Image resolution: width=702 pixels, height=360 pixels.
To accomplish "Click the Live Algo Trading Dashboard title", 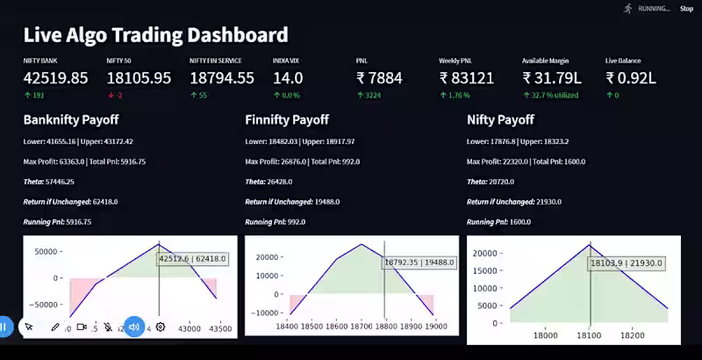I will pos(155,35).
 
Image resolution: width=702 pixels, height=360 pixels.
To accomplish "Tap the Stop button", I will pos(686,9).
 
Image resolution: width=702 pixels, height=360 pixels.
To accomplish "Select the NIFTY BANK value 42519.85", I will pos(55,78).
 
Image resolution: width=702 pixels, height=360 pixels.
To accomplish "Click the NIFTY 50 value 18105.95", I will pos(139,78).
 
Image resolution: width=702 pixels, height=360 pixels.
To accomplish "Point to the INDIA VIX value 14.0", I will pos(288,78).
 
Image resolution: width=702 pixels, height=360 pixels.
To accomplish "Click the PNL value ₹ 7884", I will pos(379,78).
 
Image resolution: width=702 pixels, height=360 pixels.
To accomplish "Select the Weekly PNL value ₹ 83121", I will pos(467,78).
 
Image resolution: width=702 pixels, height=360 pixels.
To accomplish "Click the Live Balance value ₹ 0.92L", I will pos(630,78).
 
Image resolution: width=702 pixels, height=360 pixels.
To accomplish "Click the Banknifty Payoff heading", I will pos(71,119).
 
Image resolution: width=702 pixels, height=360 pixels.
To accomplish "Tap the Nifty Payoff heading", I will pos(500,119).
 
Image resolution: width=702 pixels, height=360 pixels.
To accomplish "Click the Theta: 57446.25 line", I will pos(49,181).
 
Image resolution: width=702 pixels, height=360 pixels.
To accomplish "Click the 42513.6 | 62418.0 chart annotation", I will pos(192,259).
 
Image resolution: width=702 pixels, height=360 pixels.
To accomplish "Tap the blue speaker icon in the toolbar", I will pos(134,327).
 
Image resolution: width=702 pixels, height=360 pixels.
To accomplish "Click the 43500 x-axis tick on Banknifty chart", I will pos(219,328).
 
